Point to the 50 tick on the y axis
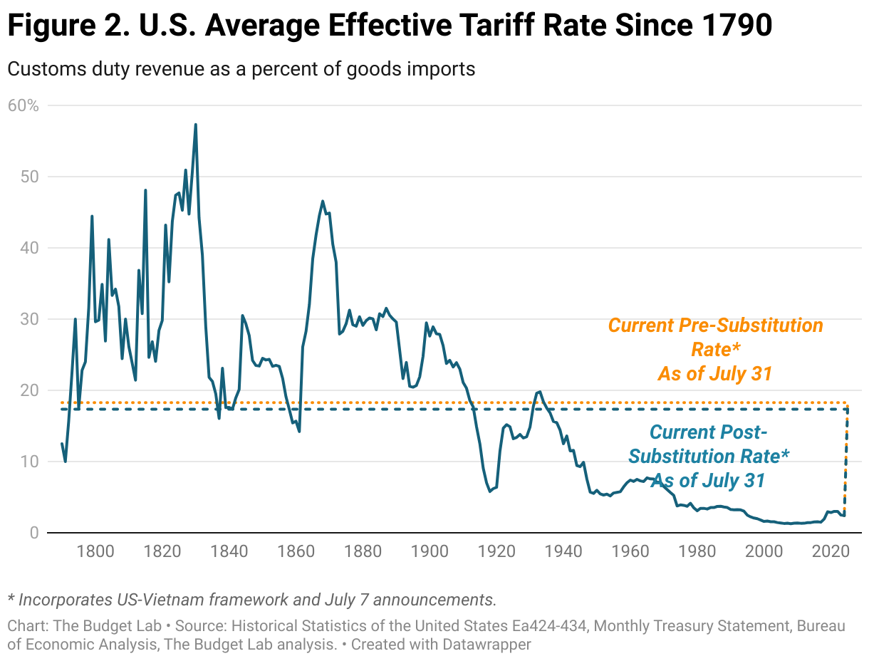coord(29,177)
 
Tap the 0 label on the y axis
coord(33,533)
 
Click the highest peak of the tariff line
coord(195,125)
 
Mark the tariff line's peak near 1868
coord(323,201)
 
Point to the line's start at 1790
coord(62,444)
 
